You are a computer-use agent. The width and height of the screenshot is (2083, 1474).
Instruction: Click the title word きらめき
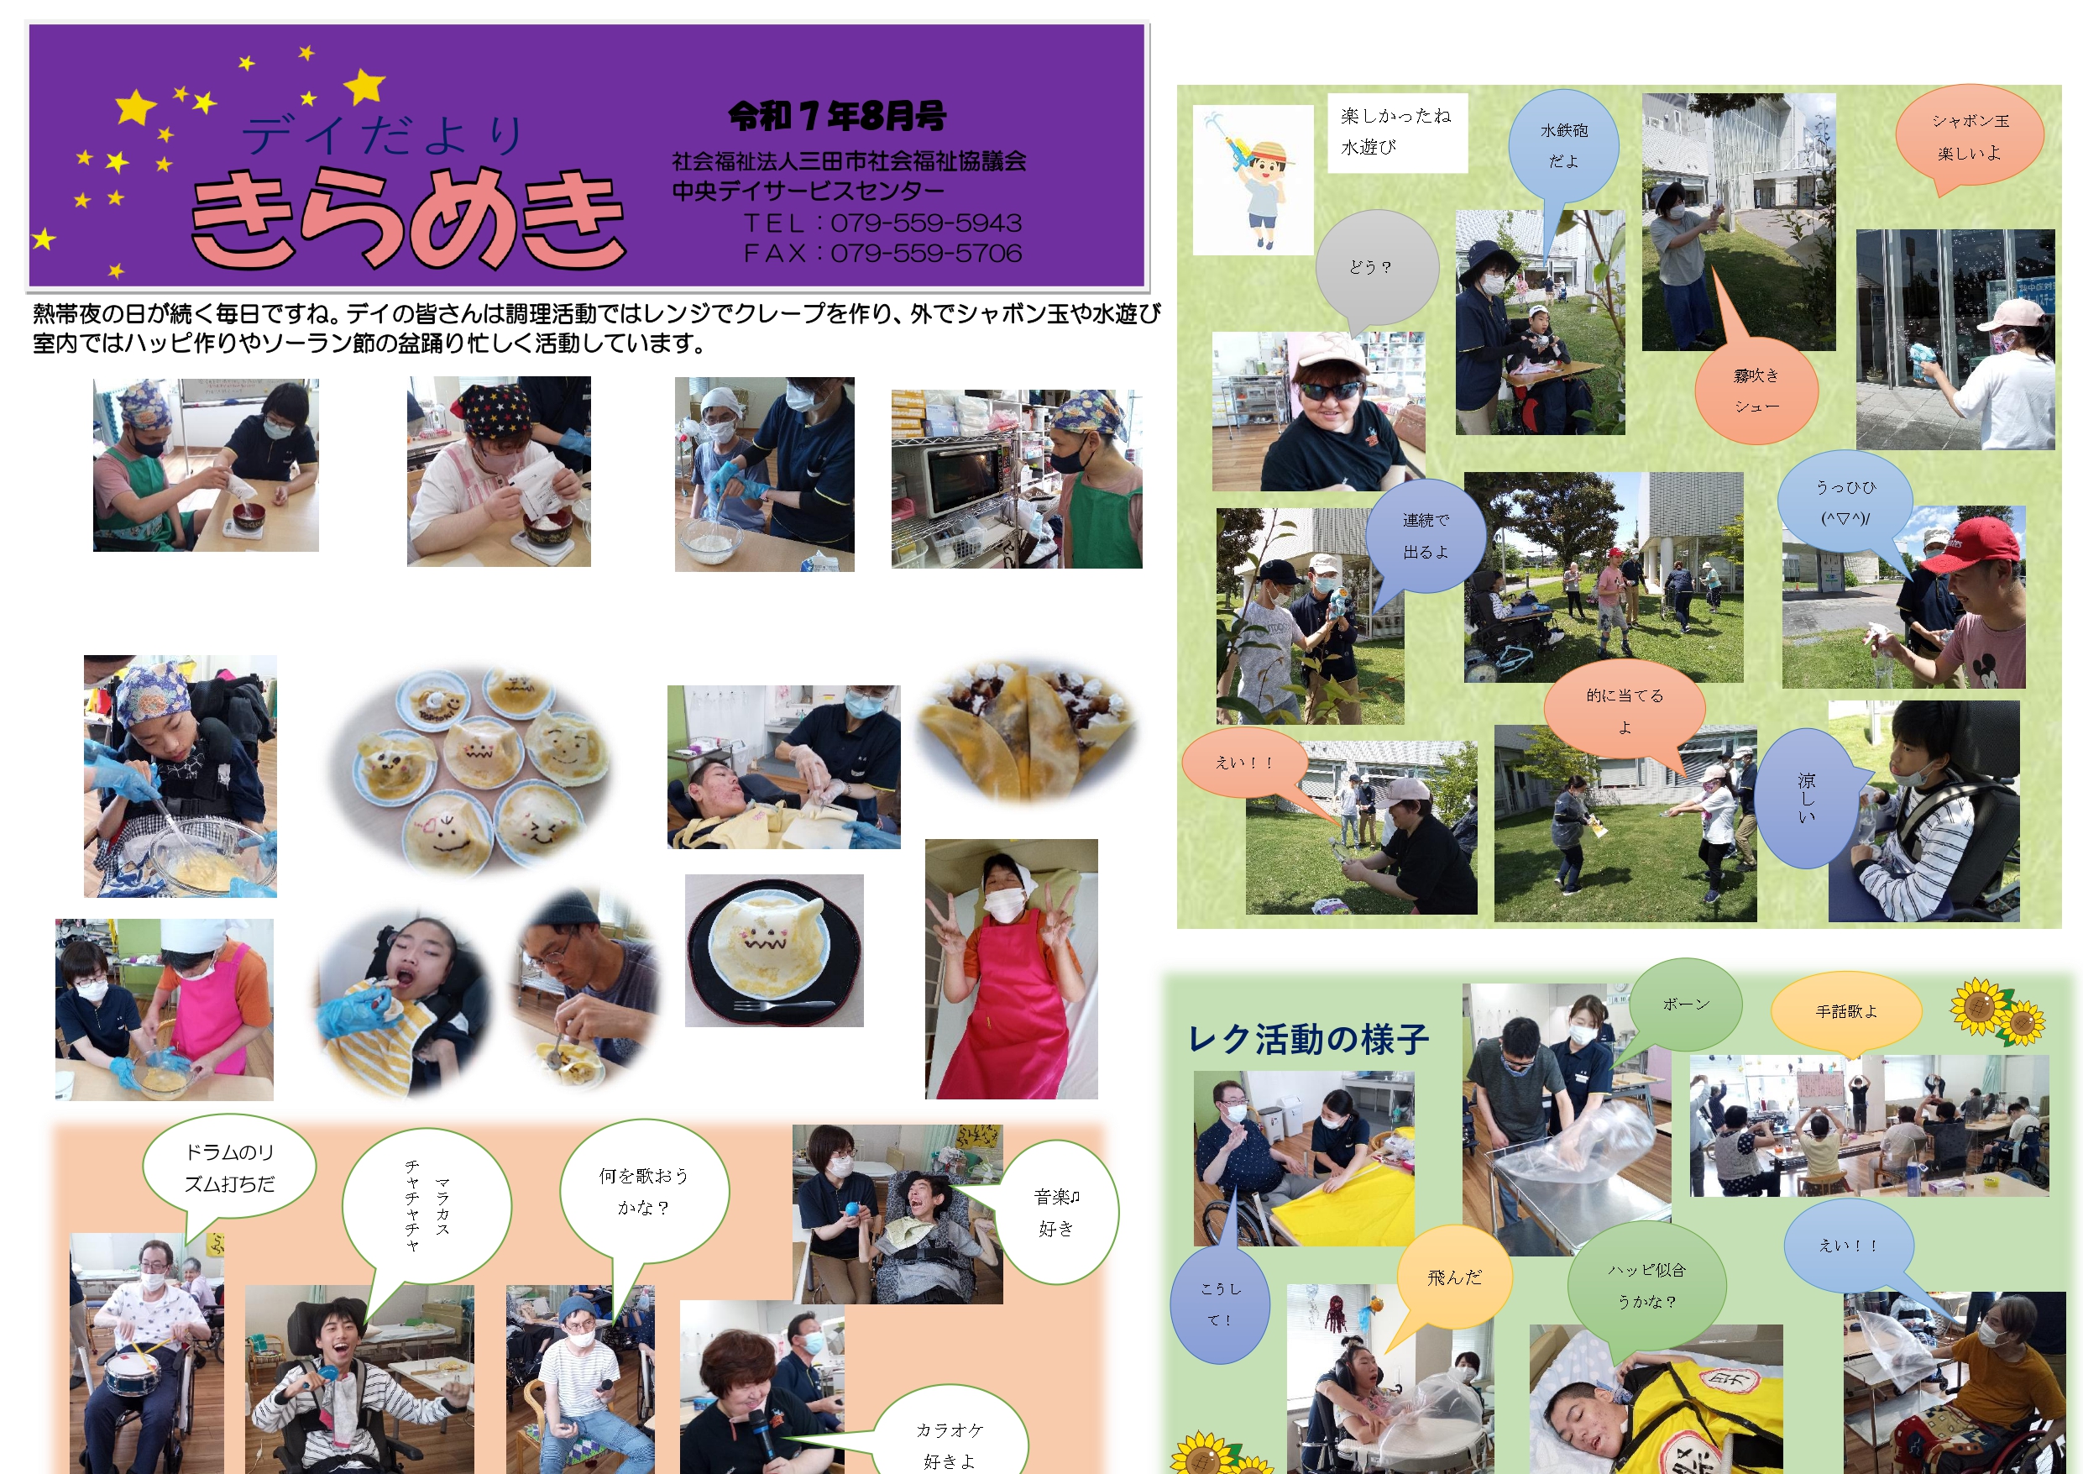(x=408, y=218)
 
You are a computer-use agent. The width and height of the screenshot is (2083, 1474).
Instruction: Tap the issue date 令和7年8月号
(x=836, y=115)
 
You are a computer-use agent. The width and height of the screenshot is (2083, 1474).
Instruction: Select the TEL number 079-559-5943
(x=926, y=223)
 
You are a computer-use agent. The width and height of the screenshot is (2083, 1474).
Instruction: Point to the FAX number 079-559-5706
(x=926, y=254)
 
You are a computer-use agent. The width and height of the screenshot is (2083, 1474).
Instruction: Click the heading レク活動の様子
(x=1308, y=1039)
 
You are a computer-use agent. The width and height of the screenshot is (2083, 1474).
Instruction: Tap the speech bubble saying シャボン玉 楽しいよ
(x=1970, y=136)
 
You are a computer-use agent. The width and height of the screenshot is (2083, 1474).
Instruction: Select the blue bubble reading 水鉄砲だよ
(x=1563, y=145)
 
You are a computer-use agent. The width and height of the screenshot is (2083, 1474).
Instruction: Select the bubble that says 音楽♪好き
(x=1056, y=1213)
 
